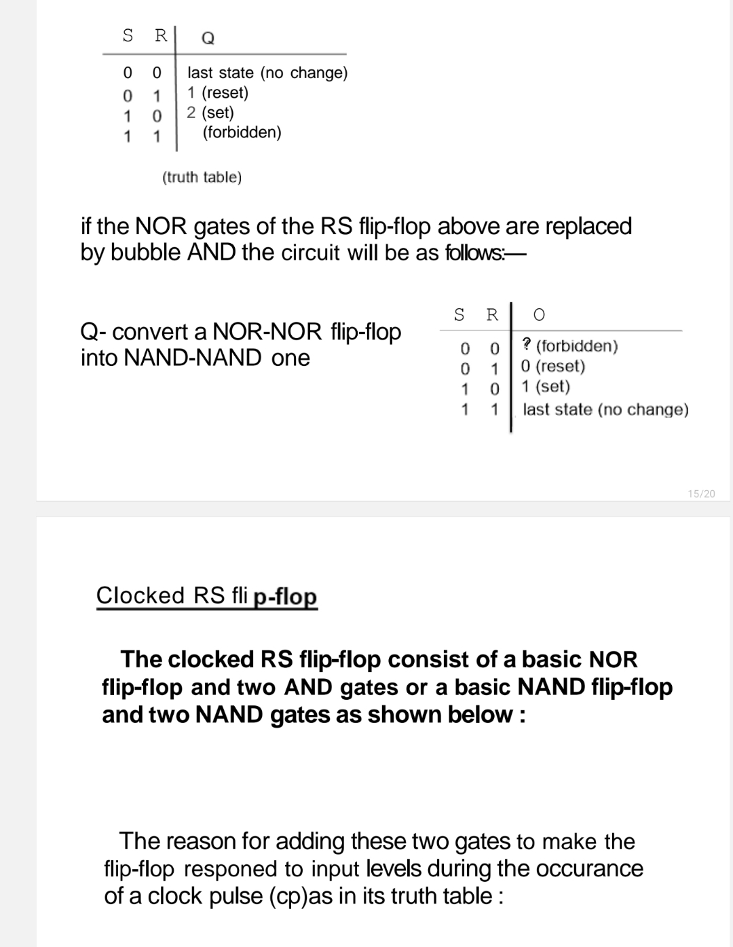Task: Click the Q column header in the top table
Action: [x=208, y=39]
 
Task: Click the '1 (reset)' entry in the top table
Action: [x=218, y=92]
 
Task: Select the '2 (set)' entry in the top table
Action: [x=210, y=112]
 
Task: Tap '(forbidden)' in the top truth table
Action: [x=242, y=132]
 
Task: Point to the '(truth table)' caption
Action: [x=202, y=177]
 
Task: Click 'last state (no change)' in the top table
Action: [x=267, y=73]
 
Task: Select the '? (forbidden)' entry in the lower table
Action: [x=569, y=346]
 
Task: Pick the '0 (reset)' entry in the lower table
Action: [x=552, y=366]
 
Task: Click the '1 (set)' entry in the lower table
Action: [x=545, y=386]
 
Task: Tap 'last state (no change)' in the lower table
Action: [x=605, y=409]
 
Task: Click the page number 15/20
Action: [x=701, y=494]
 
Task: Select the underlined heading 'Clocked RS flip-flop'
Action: [x=206, y=595]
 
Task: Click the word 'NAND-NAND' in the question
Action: [x=193, y=358]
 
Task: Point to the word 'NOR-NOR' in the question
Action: [x=267, y=332]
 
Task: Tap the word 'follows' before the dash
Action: [x=474, y=253]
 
